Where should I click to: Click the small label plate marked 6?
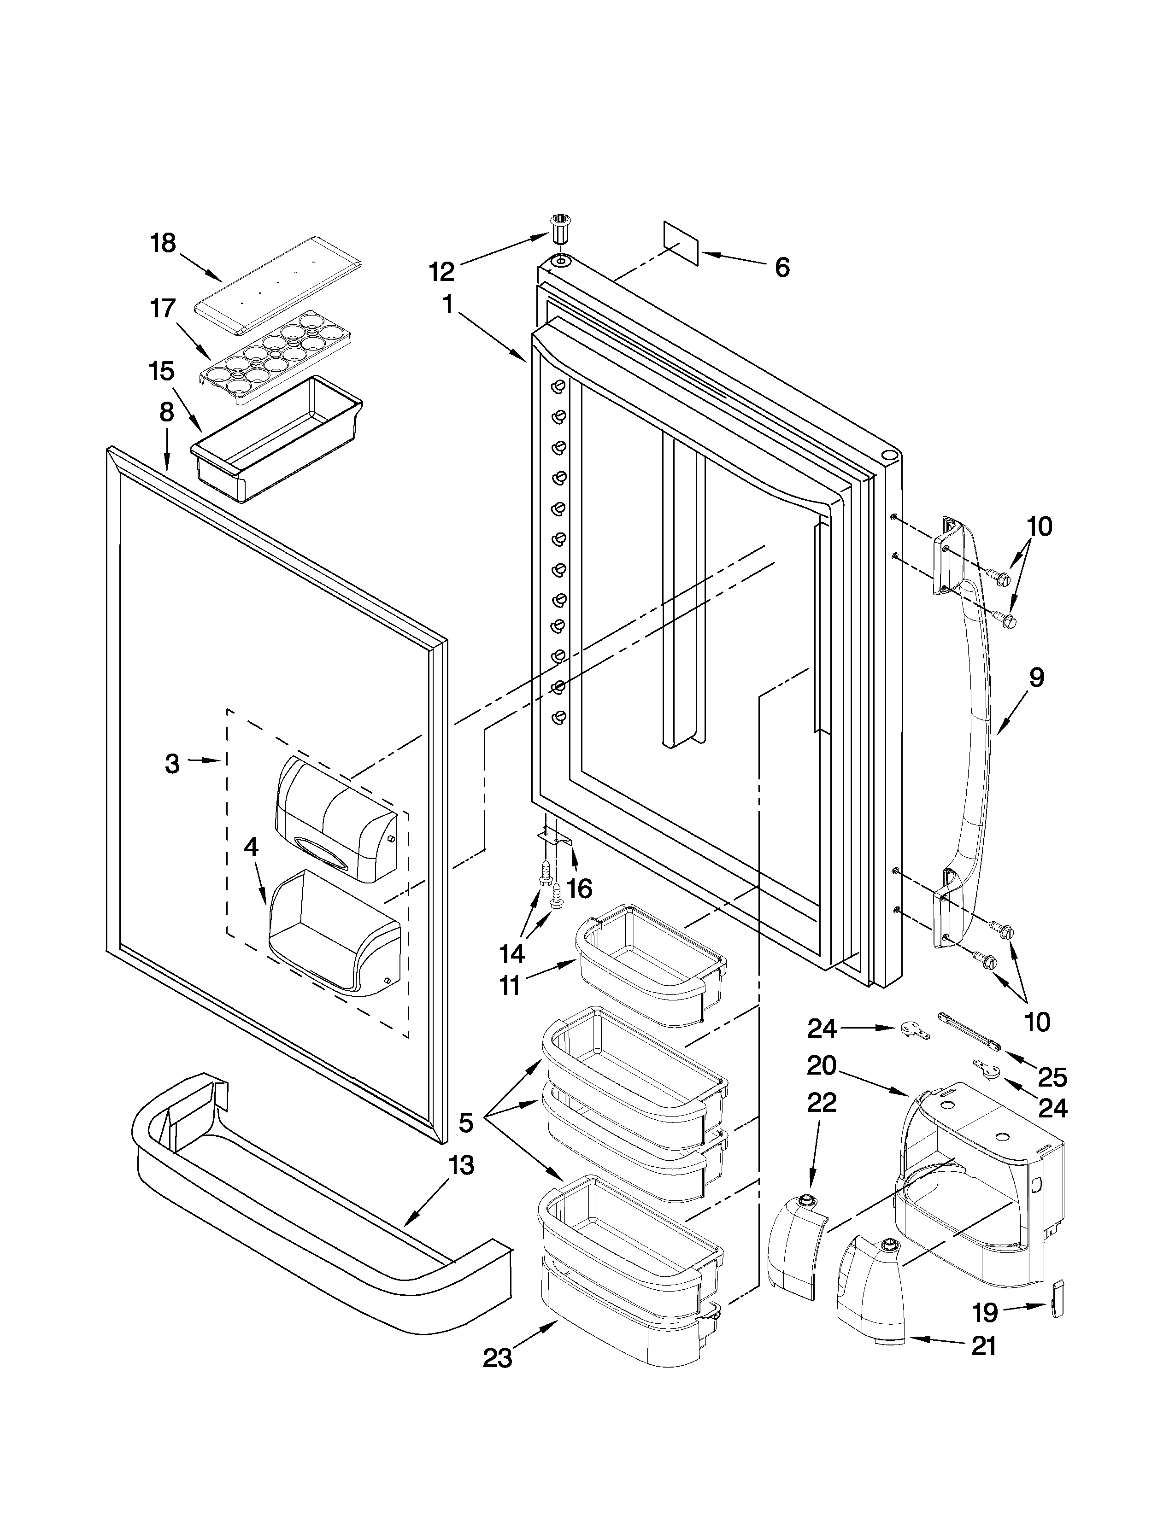coord(681,244)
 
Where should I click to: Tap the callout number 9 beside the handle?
coord(1036,677)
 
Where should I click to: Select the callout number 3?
coord(172,764)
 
